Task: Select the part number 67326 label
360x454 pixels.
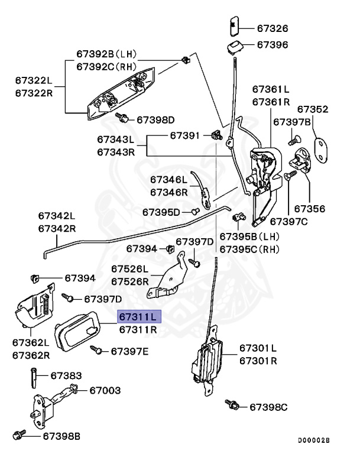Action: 272,28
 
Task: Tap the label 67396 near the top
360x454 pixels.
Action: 272,44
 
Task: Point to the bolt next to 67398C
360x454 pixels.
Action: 231,405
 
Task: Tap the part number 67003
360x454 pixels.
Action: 105,391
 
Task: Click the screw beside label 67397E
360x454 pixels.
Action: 95,351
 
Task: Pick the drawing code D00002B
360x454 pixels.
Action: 314,440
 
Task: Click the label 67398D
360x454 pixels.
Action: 156,119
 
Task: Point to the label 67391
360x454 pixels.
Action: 185,135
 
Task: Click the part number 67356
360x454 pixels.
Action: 310,209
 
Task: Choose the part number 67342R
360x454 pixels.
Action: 57,228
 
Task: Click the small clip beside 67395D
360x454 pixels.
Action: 194,211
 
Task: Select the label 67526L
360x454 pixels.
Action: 130,268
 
